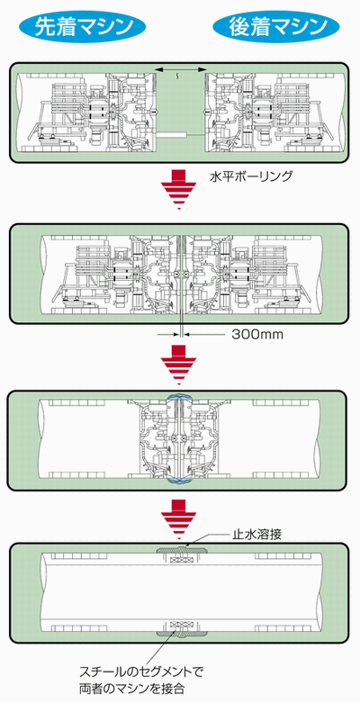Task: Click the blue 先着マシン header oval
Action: pos(85,27)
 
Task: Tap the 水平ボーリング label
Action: pos(251,176)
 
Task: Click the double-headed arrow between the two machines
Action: pos(180,69)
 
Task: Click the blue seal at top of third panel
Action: pos(180,397)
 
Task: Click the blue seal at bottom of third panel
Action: pos(180,481)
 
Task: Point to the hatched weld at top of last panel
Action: pos(181,550)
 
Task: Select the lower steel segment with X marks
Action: pos(181,624)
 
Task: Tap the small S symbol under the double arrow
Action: pos(179,77)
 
